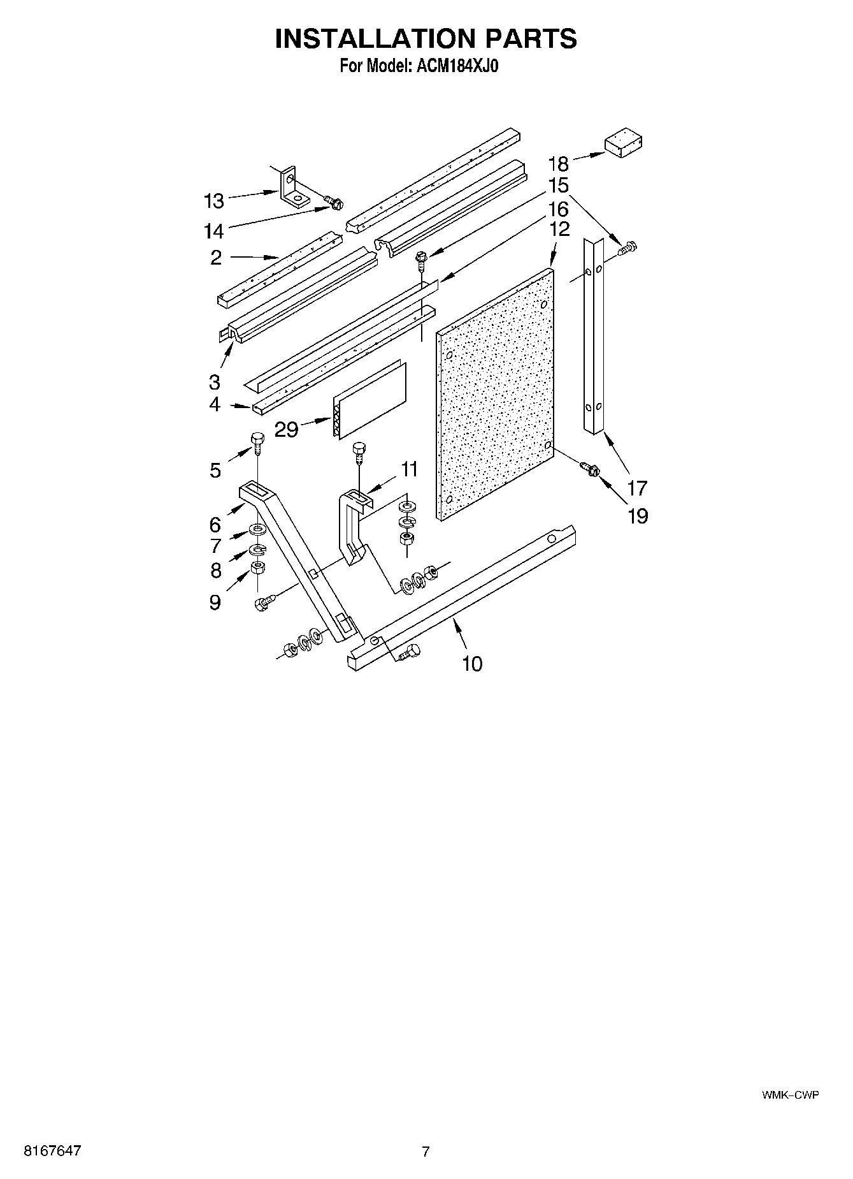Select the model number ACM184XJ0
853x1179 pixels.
point(455,66)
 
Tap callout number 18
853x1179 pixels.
point(557,163)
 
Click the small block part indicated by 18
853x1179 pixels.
point(622,144)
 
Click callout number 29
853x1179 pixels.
point(286,429)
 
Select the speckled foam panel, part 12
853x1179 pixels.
point(495,395)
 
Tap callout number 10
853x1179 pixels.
point(472,664)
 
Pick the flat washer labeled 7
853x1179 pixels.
point(257,529)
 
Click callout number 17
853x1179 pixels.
point(637,488)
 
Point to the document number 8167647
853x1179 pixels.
point(52,1150)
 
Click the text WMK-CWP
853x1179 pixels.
point(790,1095)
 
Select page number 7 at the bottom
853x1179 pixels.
point(426,1151)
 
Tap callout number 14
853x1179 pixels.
point(214,230)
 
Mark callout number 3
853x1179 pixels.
point(215,382)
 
